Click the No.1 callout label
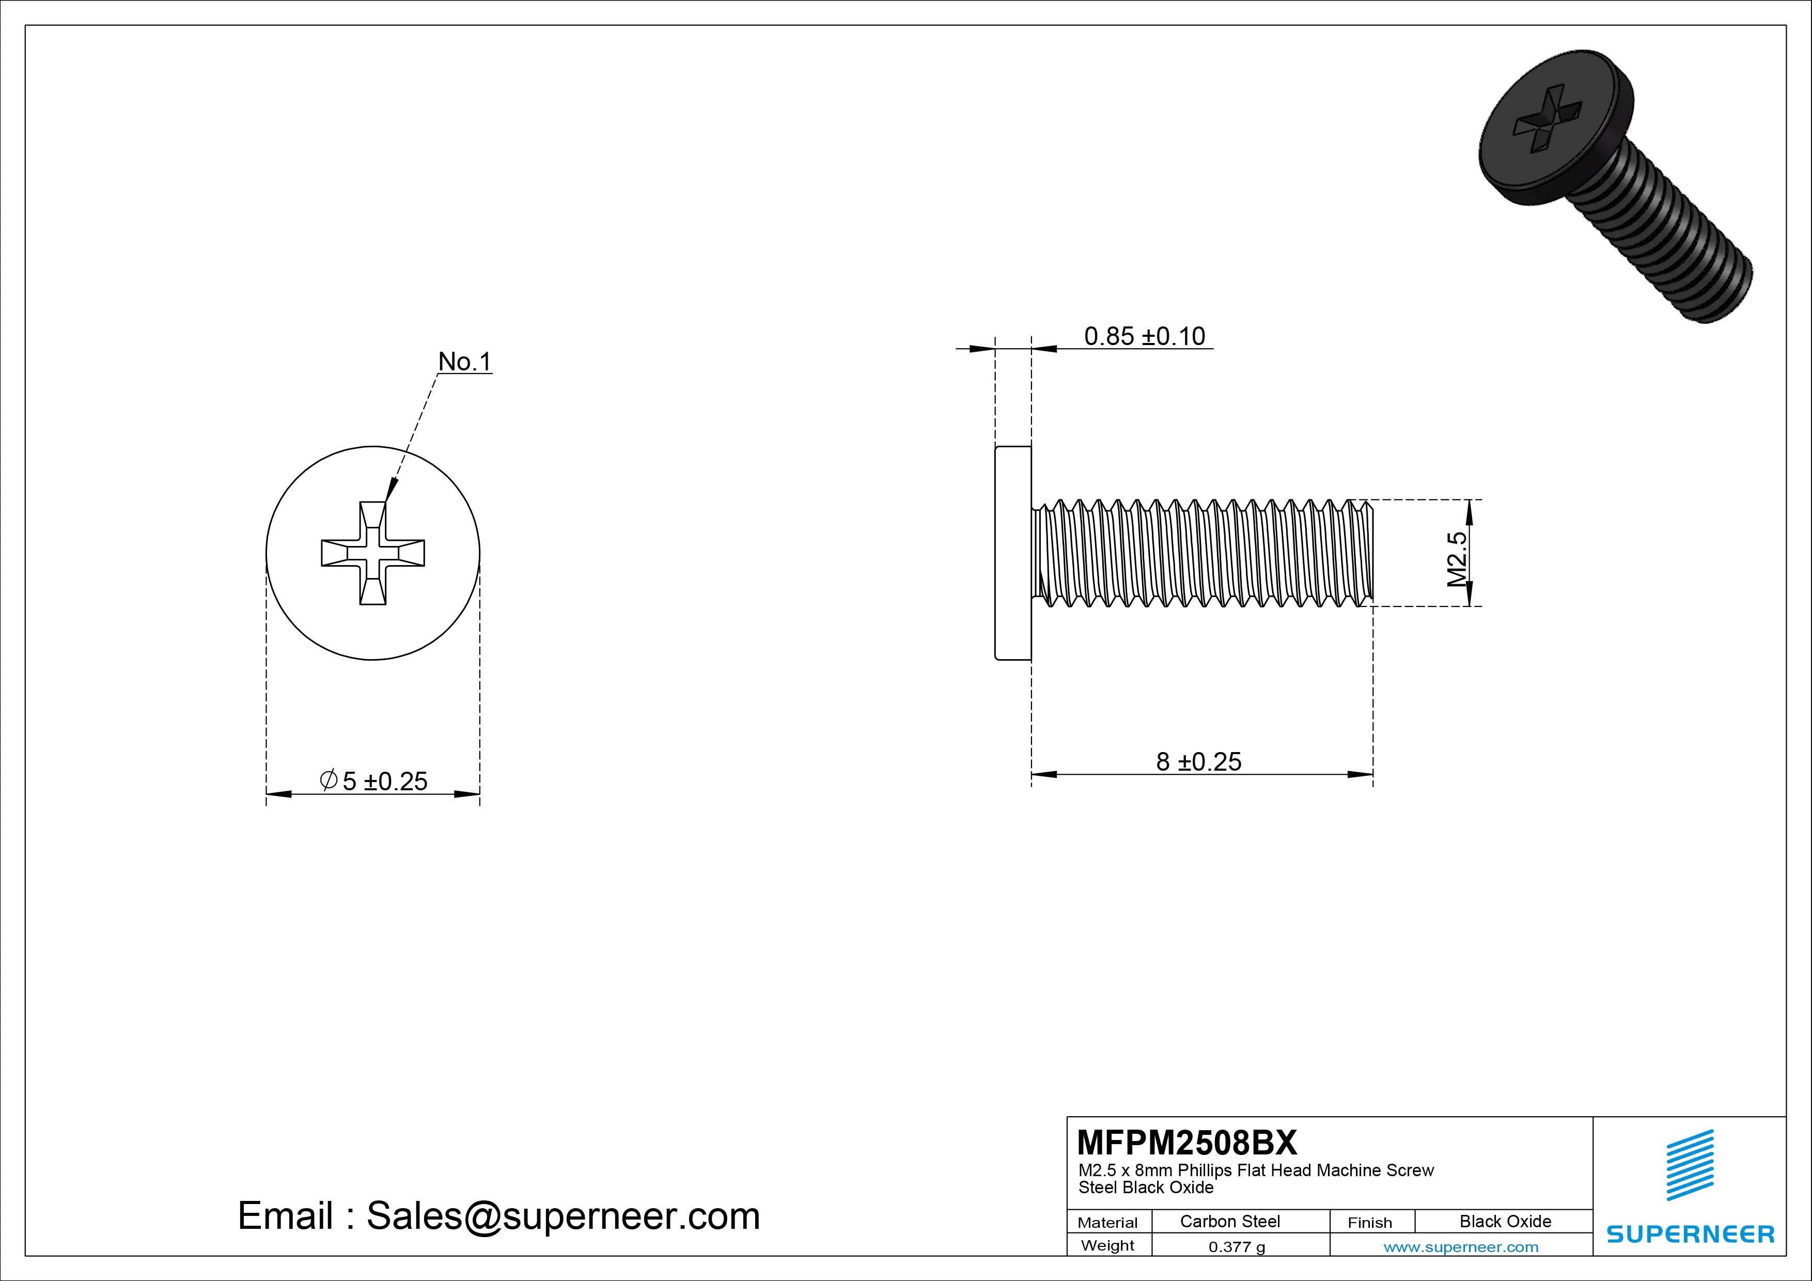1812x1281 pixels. pyautogui.click(x=465, y=362)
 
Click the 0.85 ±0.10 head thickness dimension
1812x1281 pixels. pyautogui.click(x=1144, y=336)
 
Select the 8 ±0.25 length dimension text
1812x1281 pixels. pyautogui.click(x=1198, y=762)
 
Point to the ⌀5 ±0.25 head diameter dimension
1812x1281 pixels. pyautogui.click(x=374, y=780)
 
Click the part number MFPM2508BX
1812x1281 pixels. pyautogui.click(x=1186, y=1142)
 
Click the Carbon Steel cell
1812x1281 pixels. pyautogui.click(x=1229, y=1221)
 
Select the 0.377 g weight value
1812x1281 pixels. pyautogui.click(x=1237, y=1247)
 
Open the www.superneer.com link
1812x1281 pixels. pyautogui.click(x=1461, y=1247)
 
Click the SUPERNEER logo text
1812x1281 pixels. pyautogui.click(x=1690, y=1233)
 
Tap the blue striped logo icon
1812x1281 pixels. pyautogui.click(x=1690, y=1164)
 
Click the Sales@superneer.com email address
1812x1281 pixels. pyautogui.click(x=563, y=1216)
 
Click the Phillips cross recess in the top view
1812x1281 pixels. pyautogui.click(x=372, y=553)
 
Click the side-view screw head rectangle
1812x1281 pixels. pyautogui.click(x=1012, y=553)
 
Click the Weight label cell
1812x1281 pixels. pyautogui.click(x=1107, y=1245)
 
